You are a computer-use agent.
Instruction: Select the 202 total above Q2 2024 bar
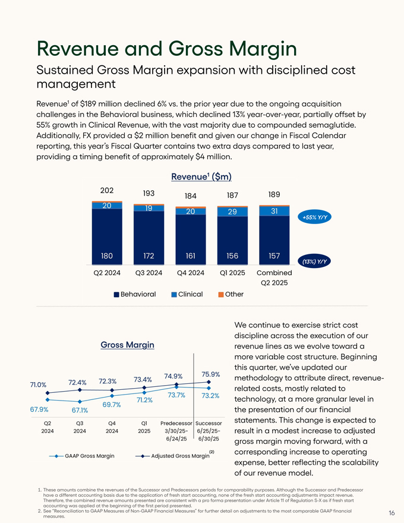pos(107,191)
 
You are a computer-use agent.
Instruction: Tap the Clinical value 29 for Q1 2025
pos(232,212)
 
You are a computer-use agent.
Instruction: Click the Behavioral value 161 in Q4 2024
pos(191,256)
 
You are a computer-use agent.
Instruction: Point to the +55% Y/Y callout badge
pos(315,218)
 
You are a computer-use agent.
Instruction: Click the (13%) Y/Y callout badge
pos(315,261)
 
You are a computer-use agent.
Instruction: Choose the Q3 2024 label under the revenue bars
pos(149,273)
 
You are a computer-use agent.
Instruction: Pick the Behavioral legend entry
pos(134,294)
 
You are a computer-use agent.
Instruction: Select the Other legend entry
pos(233,294)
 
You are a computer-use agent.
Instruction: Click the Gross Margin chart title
pos(128,345)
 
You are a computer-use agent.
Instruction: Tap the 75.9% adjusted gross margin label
pos(211,374)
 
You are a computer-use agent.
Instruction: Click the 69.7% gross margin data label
pos(112,405)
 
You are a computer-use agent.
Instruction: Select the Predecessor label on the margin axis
pos(177,423)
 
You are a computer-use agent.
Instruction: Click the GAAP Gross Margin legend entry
pos(85,456)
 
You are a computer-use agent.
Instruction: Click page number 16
pos(392,512)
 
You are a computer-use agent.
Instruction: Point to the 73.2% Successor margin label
pos(211,396)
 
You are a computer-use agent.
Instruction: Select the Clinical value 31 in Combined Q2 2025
pos(274,211)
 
